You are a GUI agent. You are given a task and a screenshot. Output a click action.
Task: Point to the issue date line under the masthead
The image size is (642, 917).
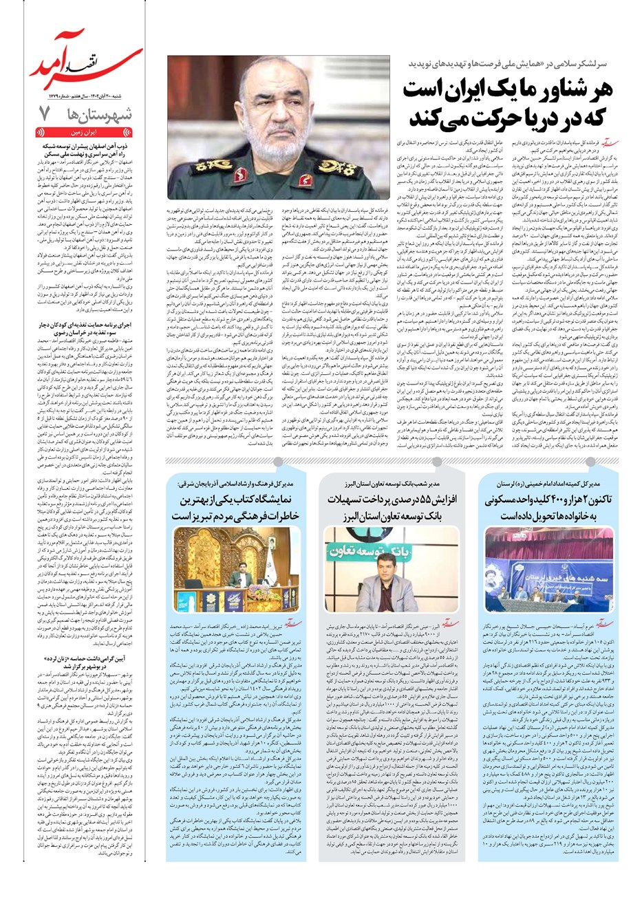tap(83, 95)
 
